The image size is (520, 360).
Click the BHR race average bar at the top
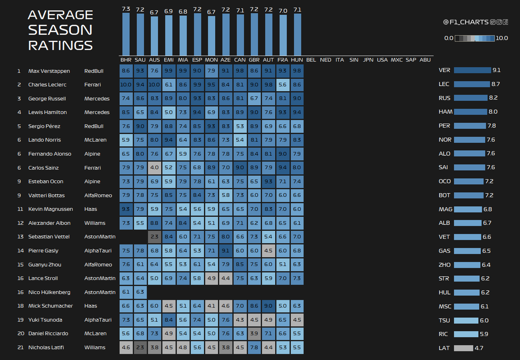click(126, 34)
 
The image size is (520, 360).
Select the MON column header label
click(211, 60)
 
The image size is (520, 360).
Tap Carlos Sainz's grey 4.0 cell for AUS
click(154, 168)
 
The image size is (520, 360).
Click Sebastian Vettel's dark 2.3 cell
click(154, 237)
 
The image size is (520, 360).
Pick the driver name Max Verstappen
click(49, 71)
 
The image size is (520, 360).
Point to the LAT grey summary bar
click(463, 348)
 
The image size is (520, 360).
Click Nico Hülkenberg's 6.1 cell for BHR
click(126, 292)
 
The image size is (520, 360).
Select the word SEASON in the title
click(60, 30)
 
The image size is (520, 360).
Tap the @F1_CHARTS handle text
click(466, 22)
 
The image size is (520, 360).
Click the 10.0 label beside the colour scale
click(502, 38)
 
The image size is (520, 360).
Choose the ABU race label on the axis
click(425, 60)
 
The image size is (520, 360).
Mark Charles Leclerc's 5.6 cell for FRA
click(282, 85)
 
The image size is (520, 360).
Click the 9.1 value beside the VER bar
click(496, 70)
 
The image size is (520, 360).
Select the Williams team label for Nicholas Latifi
click(95, 348)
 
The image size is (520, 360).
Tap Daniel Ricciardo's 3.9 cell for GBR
click(254, 334)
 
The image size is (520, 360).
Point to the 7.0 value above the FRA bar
click(283, 11)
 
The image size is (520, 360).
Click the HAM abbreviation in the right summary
click(446, 112)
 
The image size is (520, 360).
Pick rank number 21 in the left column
click(21, 348)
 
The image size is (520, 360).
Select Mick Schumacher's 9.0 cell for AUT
click(268, 306)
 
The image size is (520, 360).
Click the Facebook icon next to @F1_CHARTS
click(506, 22)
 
